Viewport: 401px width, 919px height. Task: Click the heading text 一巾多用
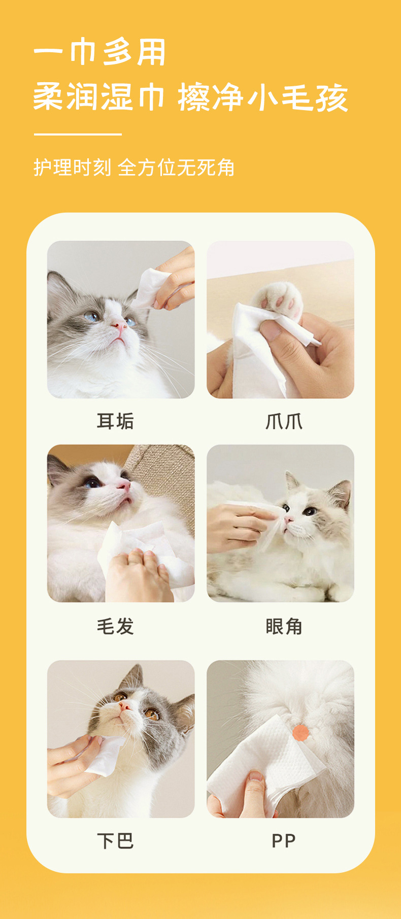[x=100, y=53]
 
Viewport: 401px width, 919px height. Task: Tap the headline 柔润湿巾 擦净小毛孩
[x=191, y=97]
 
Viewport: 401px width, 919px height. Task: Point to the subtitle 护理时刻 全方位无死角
[x=134, y=167]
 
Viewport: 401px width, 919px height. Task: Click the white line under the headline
[x=78, y=134]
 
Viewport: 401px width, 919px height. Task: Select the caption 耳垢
[x=115, y=421]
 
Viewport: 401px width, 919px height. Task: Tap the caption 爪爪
[x=284, y=421]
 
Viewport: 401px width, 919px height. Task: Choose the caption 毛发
[x=115, y=626]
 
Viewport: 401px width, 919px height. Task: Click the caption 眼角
[x=284, y=626]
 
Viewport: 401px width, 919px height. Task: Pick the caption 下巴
[x=115, y=841]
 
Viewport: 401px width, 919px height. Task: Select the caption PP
[x=284, y=841]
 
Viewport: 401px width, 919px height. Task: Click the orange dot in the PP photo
[x=300, y=733]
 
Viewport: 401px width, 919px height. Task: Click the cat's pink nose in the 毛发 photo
[x=123, y=486]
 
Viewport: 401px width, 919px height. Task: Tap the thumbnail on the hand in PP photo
[x=256, y=776]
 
